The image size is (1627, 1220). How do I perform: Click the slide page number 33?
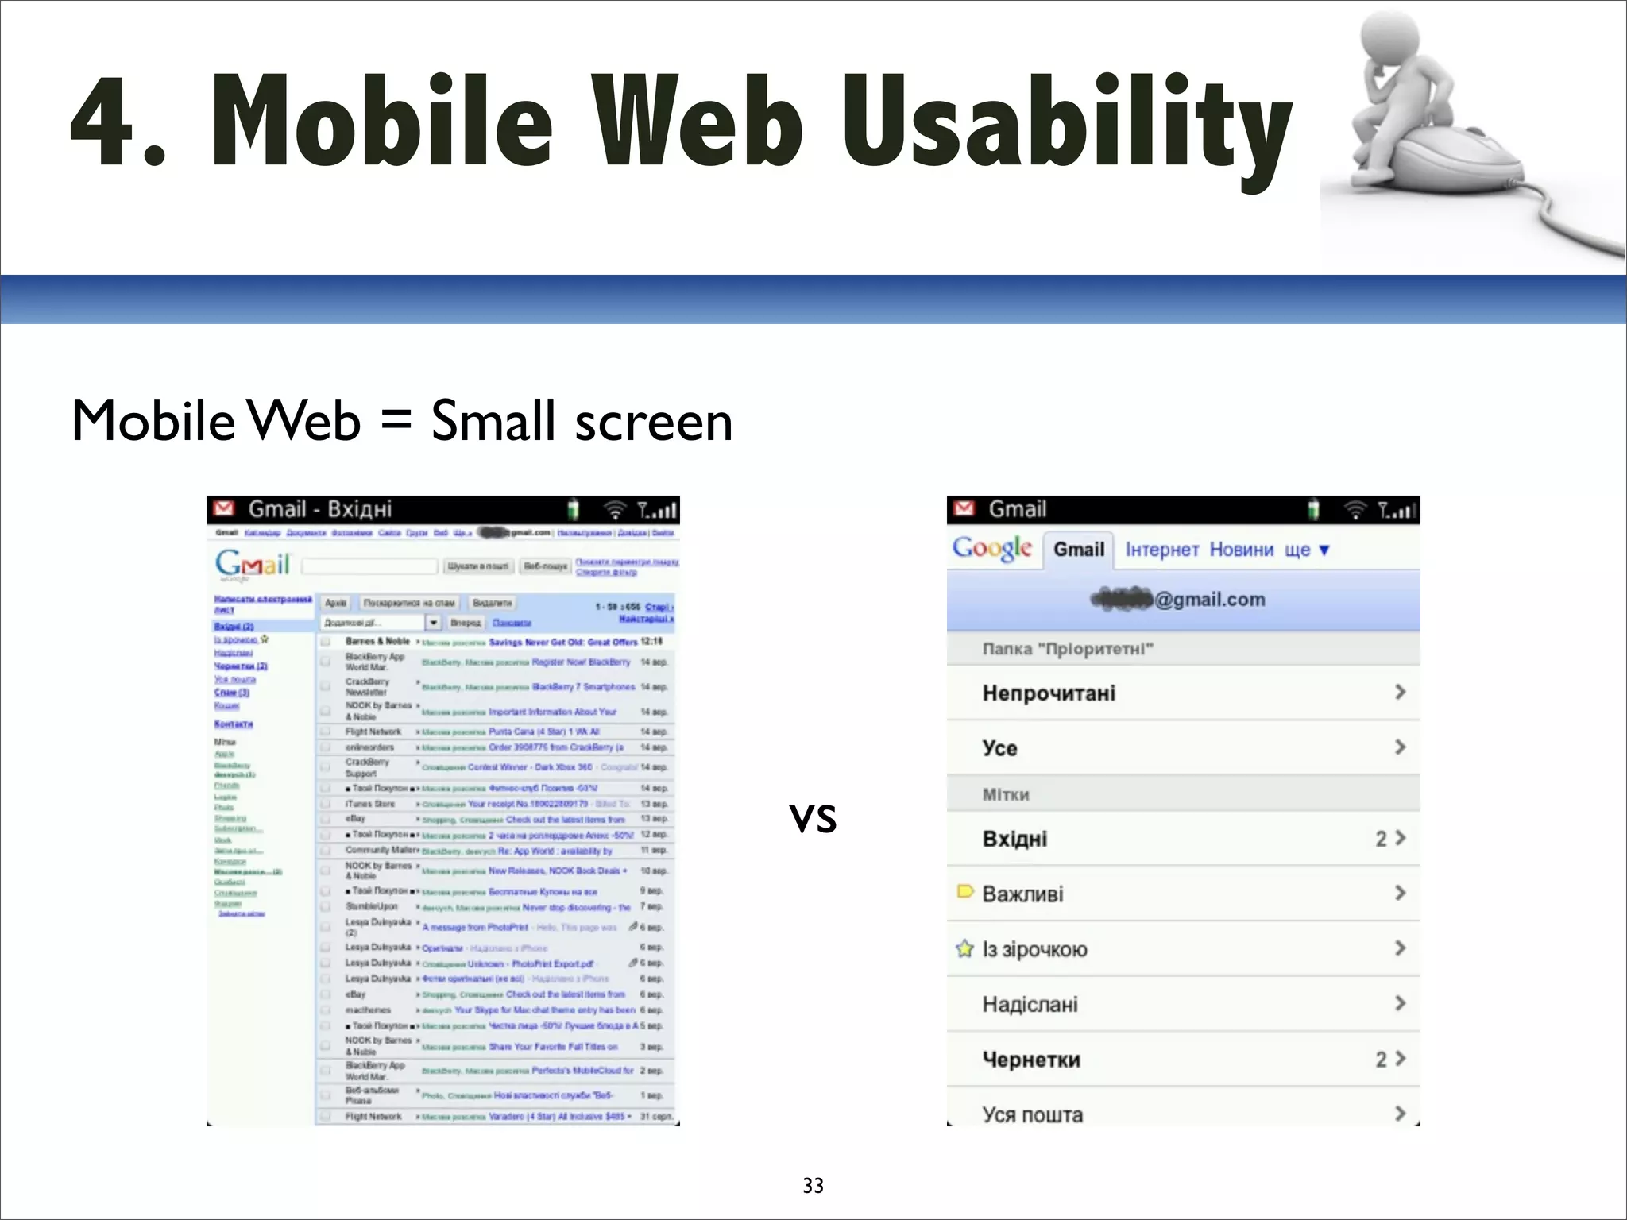(x=813, y=1185)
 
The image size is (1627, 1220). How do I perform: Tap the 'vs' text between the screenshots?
(x=813, y=817)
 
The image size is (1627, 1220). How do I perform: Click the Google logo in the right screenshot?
(x=992, y=548)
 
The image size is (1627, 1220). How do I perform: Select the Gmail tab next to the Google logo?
(x=1078, y=550)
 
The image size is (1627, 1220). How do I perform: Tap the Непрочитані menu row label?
(x=1049, y=693)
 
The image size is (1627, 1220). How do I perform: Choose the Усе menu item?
(x=999, y=748)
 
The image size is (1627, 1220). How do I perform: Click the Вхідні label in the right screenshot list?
(x=1014, y=839)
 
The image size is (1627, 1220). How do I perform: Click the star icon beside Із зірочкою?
(x=964, y=948)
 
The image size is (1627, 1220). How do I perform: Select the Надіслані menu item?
(x=1030, y=1005)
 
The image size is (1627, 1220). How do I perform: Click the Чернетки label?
(x=1031, y=1060)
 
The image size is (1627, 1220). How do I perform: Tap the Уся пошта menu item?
(x=1032, y=1114)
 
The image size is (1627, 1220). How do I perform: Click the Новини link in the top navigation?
(x=1241, y=550)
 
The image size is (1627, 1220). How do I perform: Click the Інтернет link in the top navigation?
(x=1161, y=550)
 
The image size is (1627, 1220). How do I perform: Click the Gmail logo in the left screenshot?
(x=252, y=565)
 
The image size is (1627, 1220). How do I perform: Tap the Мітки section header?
(x=1006, y=794)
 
